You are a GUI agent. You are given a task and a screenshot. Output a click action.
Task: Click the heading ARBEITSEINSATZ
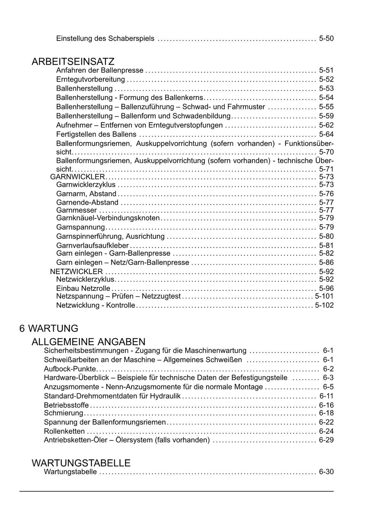tap(73, 62)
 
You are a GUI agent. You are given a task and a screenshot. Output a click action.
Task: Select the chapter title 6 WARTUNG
tap(49, 328)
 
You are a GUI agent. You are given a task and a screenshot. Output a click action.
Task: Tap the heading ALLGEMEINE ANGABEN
tap(89, 341)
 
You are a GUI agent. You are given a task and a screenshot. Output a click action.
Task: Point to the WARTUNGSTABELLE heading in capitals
tap(81, 463)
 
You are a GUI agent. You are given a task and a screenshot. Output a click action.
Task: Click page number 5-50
tap(326, 38)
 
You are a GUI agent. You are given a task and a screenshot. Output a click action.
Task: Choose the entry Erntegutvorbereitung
tap(91, 79)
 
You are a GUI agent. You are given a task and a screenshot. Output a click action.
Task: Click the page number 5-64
tap(326, 134)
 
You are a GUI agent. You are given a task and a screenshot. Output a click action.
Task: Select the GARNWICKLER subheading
tap(77, 177)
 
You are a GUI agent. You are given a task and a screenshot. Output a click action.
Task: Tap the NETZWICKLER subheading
tap(76, 272)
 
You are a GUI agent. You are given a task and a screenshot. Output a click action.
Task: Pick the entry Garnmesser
tap(77, 210)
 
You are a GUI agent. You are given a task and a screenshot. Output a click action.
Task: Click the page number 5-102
tap(324, 305)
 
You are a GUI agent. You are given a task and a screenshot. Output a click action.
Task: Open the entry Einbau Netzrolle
tap(83, 288)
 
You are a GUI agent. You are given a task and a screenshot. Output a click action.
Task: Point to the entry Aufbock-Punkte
tap(70, 369)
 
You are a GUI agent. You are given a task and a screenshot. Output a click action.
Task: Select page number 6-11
tap(326, 396)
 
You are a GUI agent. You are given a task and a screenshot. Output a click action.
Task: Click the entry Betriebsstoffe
tap(66, 405)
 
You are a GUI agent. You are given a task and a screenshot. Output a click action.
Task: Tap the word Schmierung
tap(63, 413)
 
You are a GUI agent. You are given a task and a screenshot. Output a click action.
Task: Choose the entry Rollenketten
tap(65, 431)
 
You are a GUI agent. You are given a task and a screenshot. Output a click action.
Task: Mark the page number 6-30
tap(326, 472)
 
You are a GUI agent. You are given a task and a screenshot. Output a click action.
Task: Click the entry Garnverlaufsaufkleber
tap(92, 246)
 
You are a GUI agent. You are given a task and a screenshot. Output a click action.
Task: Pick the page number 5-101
tap(324, 296)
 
